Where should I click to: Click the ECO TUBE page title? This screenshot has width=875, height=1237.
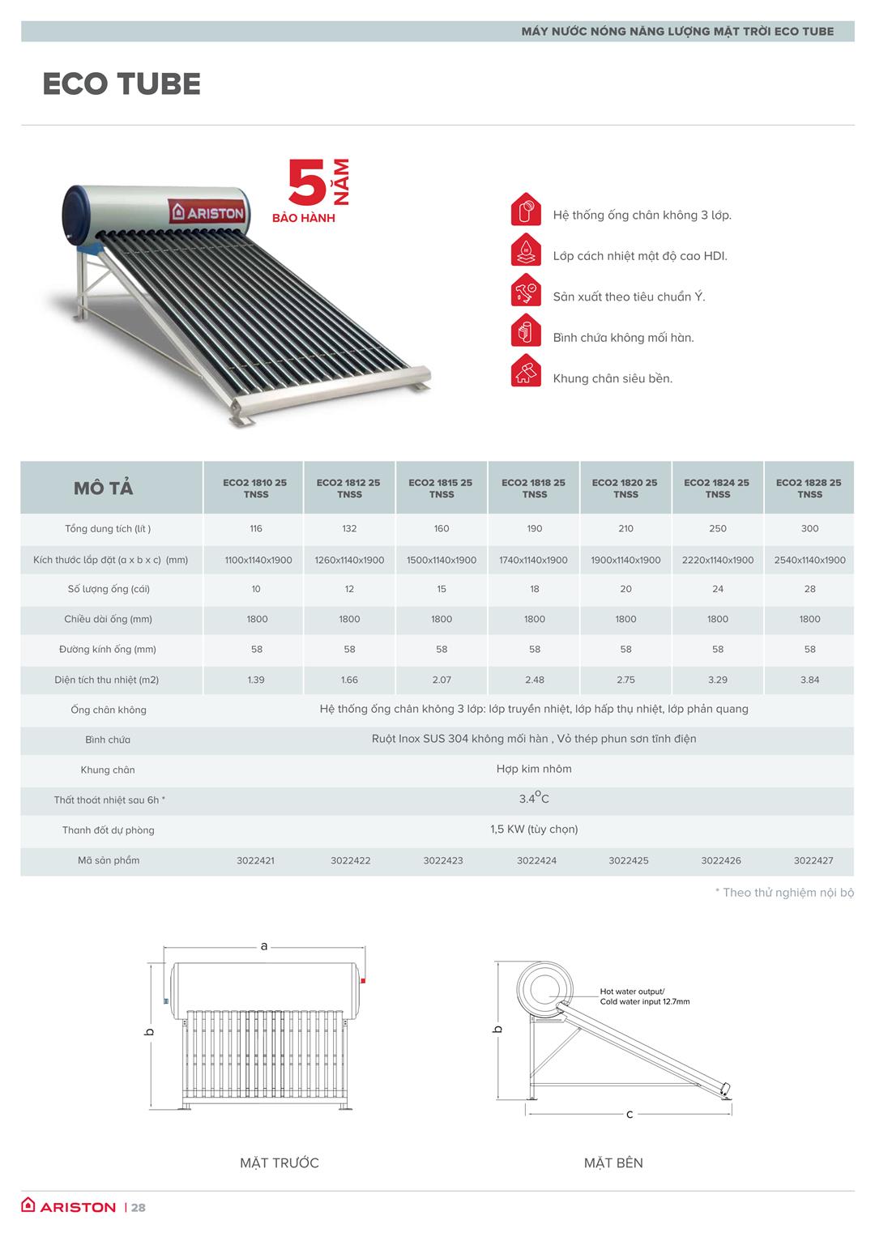click(x=122, y=84)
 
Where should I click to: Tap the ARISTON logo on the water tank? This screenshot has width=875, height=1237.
click(x=207, y=212)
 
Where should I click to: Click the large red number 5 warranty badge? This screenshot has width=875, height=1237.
click(x=307, y=184)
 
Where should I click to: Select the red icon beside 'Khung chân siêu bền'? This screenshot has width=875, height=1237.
click(x=526, y=371)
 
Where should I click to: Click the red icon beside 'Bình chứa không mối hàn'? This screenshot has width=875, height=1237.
click(x=526, y=331)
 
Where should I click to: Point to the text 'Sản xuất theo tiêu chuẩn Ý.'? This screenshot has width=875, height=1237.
click(x=629, y=296)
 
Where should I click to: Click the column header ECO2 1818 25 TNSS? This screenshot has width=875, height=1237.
click(x=534, y=488)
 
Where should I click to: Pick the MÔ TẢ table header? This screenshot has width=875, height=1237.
click(x=103, y=488)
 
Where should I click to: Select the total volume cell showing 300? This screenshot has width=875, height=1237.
click(x=809, y=528)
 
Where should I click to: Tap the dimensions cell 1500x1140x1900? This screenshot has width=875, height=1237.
click(x=442, y=560)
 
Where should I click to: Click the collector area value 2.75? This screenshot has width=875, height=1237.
click(x=625, y=680)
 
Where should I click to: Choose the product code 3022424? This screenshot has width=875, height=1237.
click(x=536, y=860)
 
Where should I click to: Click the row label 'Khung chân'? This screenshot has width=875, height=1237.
click(x=108, y=770)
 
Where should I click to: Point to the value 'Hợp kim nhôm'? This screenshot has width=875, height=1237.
click(x=534, y=769)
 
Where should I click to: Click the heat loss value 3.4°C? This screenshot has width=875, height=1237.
click(x=534, y=799)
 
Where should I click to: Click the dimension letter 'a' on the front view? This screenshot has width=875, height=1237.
click(x=264, y=945)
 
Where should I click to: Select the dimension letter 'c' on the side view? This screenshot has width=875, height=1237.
click(x=630, y=1114)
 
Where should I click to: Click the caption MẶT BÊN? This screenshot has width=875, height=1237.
click(x=613, y=1162)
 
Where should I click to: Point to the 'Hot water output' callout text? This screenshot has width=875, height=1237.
click(x=632, y=992)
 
